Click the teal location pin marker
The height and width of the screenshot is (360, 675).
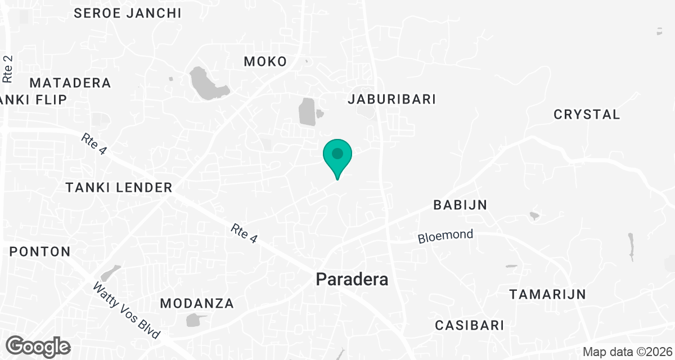337,155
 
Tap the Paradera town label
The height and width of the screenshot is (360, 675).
352,279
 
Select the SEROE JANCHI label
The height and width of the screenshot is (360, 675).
128,13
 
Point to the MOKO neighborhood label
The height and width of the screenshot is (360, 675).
265,62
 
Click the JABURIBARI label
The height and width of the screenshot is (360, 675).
392,100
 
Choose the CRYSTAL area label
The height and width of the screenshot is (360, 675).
587,115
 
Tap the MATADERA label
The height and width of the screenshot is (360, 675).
70,83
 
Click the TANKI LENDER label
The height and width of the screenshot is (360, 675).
119,188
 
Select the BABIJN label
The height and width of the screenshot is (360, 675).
460,205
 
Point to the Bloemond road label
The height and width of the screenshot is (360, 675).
445,237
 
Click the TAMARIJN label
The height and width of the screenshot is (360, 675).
547,294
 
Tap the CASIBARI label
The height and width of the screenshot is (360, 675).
470,325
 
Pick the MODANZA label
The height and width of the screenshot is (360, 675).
197,304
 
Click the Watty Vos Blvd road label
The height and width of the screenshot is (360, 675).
127,310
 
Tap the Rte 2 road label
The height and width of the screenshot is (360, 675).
8,69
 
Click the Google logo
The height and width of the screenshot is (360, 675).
38,346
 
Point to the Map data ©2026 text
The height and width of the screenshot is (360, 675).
627,352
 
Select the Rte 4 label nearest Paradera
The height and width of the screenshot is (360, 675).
244,235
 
